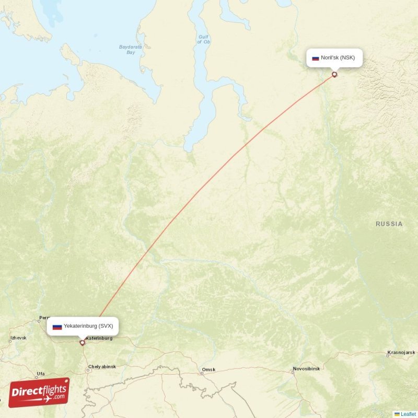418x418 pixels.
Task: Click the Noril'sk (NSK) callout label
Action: click(x=334, y=57)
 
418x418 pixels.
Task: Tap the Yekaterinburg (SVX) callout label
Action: click(x=83, y=326)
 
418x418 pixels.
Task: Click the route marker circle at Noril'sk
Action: click(x=334, y=74)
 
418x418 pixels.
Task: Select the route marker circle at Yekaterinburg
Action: click(x=82, y=343)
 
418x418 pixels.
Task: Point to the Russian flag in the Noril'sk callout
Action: click(x=316, y=58)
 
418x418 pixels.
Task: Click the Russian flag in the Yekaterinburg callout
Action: click(x=57, y=327)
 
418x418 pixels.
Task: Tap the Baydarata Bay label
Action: click(x=127, y=50)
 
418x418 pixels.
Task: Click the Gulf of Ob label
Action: click(x=204, y=39)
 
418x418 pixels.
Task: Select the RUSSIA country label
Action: click(x=389, y=224)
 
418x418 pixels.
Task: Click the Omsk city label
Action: click(x=209, y=370)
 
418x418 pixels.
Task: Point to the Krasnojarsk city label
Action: click(x=401, y=352)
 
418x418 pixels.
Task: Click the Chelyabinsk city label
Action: click(x=102, y=366)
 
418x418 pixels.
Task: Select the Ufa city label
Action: click(x=40, y=374)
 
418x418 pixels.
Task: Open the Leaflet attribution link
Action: click(x=408, y=414)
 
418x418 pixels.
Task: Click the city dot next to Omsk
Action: click(x=202, y=373)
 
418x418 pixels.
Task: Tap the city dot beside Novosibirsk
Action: click(x=293, y=372)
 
